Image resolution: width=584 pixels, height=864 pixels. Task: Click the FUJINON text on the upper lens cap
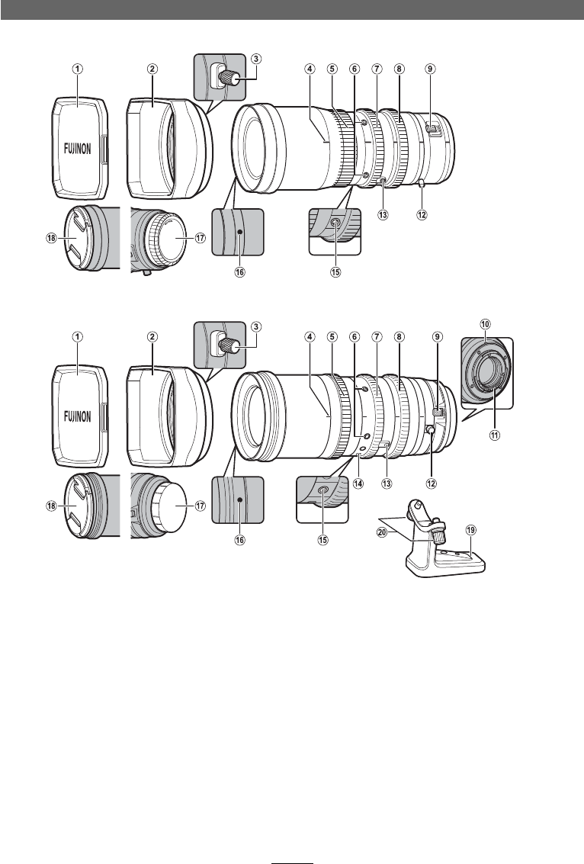tap(78, 149)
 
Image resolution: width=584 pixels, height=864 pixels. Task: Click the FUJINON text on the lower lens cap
tap(78, 416)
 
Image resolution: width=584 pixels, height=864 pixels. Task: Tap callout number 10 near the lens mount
tap(486, 325)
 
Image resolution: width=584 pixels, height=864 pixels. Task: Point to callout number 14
tap(358, 483)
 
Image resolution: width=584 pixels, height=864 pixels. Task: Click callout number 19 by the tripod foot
tap(470, 530)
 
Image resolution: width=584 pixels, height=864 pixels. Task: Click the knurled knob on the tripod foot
tap(438, 534)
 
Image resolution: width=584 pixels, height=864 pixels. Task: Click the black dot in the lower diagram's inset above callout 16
tap(240, 499)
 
